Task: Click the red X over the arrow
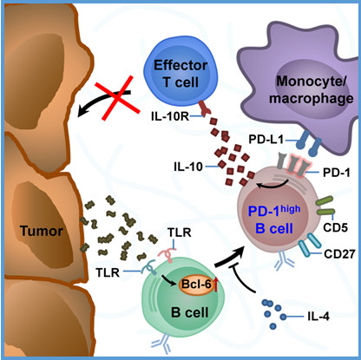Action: coord(118,97)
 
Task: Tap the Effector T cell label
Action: coord(180,74)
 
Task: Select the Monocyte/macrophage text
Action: coord(312,89)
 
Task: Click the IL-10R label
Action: coord(170,116)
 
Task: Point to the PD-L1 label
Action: coord(266,140)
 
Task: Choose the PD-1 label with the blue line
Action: coord(336,173)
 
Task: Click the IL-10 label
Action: coord(188,167)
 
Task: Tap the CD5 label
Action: coord(335,227)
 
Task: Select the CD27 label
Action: coord(339,254)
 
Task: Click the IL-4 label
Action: coord(318,317)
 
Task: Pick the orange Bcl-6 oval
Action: coord(197,285)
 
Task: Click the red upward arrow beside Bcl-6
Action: coord(216,284)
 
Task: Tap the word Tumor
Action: coord(42,231)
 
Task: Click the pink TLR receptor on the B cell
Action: coord(167,254)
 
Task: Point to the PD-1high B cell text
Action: coord(274,219)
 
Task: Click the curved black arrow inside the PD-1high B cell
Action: coord(272,185)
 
